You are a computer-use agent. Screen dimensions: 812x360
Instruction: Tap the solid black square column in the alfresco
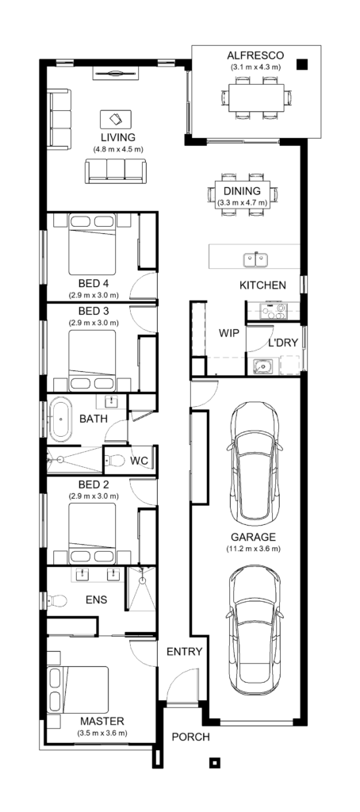click(301, 66)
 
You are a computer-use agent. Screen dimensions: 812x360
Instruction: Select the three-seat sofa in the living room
click(116, 170)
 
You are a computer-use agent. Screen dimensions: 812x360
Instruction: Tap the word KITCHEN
click(262, 285)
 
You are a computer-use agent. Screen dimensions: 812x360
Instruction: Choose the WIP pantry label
click(229, 334)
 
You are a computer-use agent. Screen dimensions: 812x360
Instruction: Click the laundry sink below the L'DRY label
click(262, 366)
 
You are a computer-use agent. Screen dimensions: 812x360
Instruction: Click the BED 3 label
click(94, 312)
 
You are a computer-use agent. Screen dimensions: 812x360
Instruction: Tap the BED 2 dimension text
click(94, 496)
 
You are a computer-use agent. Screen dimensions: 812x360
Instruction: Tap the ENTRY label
click(185, 652)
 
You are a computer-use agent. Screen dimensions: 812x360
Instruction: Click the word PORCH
click(191, 737)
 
